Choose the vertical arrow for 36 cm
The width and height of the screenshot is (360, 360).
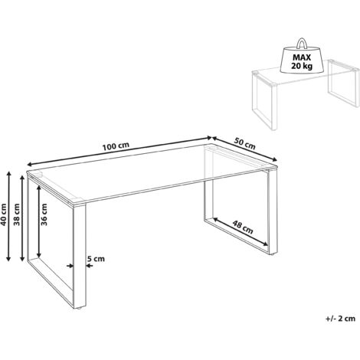point(35,224)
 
